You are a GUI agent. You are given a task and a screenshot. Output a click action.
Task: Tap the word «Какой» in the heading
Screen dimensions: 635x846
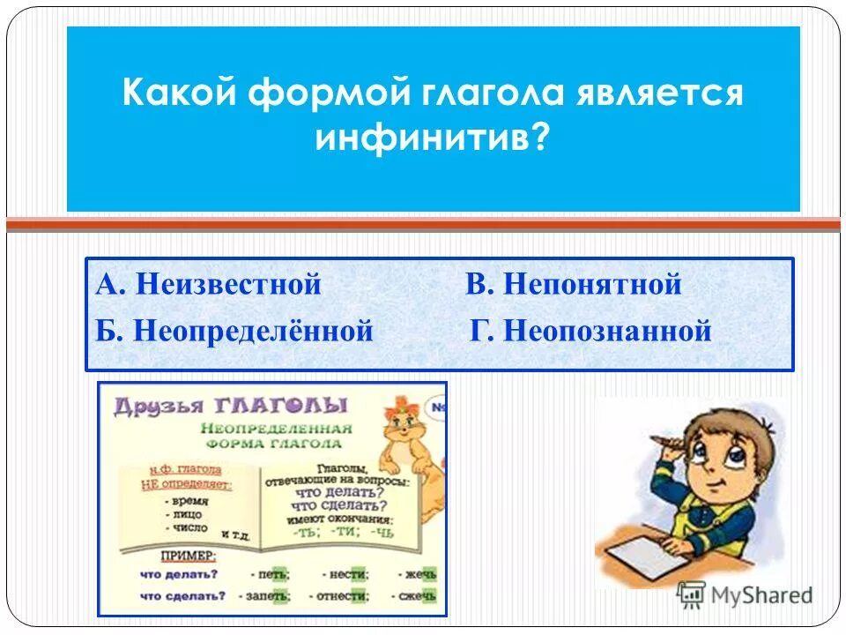[x=179, y=93]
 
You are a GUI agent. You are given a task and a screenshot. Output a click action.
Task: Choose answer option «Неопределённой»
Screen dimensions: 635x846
[x=252, y=332]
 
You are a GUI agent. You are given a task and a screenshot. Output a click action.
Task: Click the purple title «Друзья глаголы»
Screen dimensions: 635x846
[x=231, y=405]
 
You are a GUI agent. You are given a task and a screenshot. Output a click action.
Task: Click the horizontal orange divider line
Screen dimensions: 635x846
[x=423, y=226]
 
